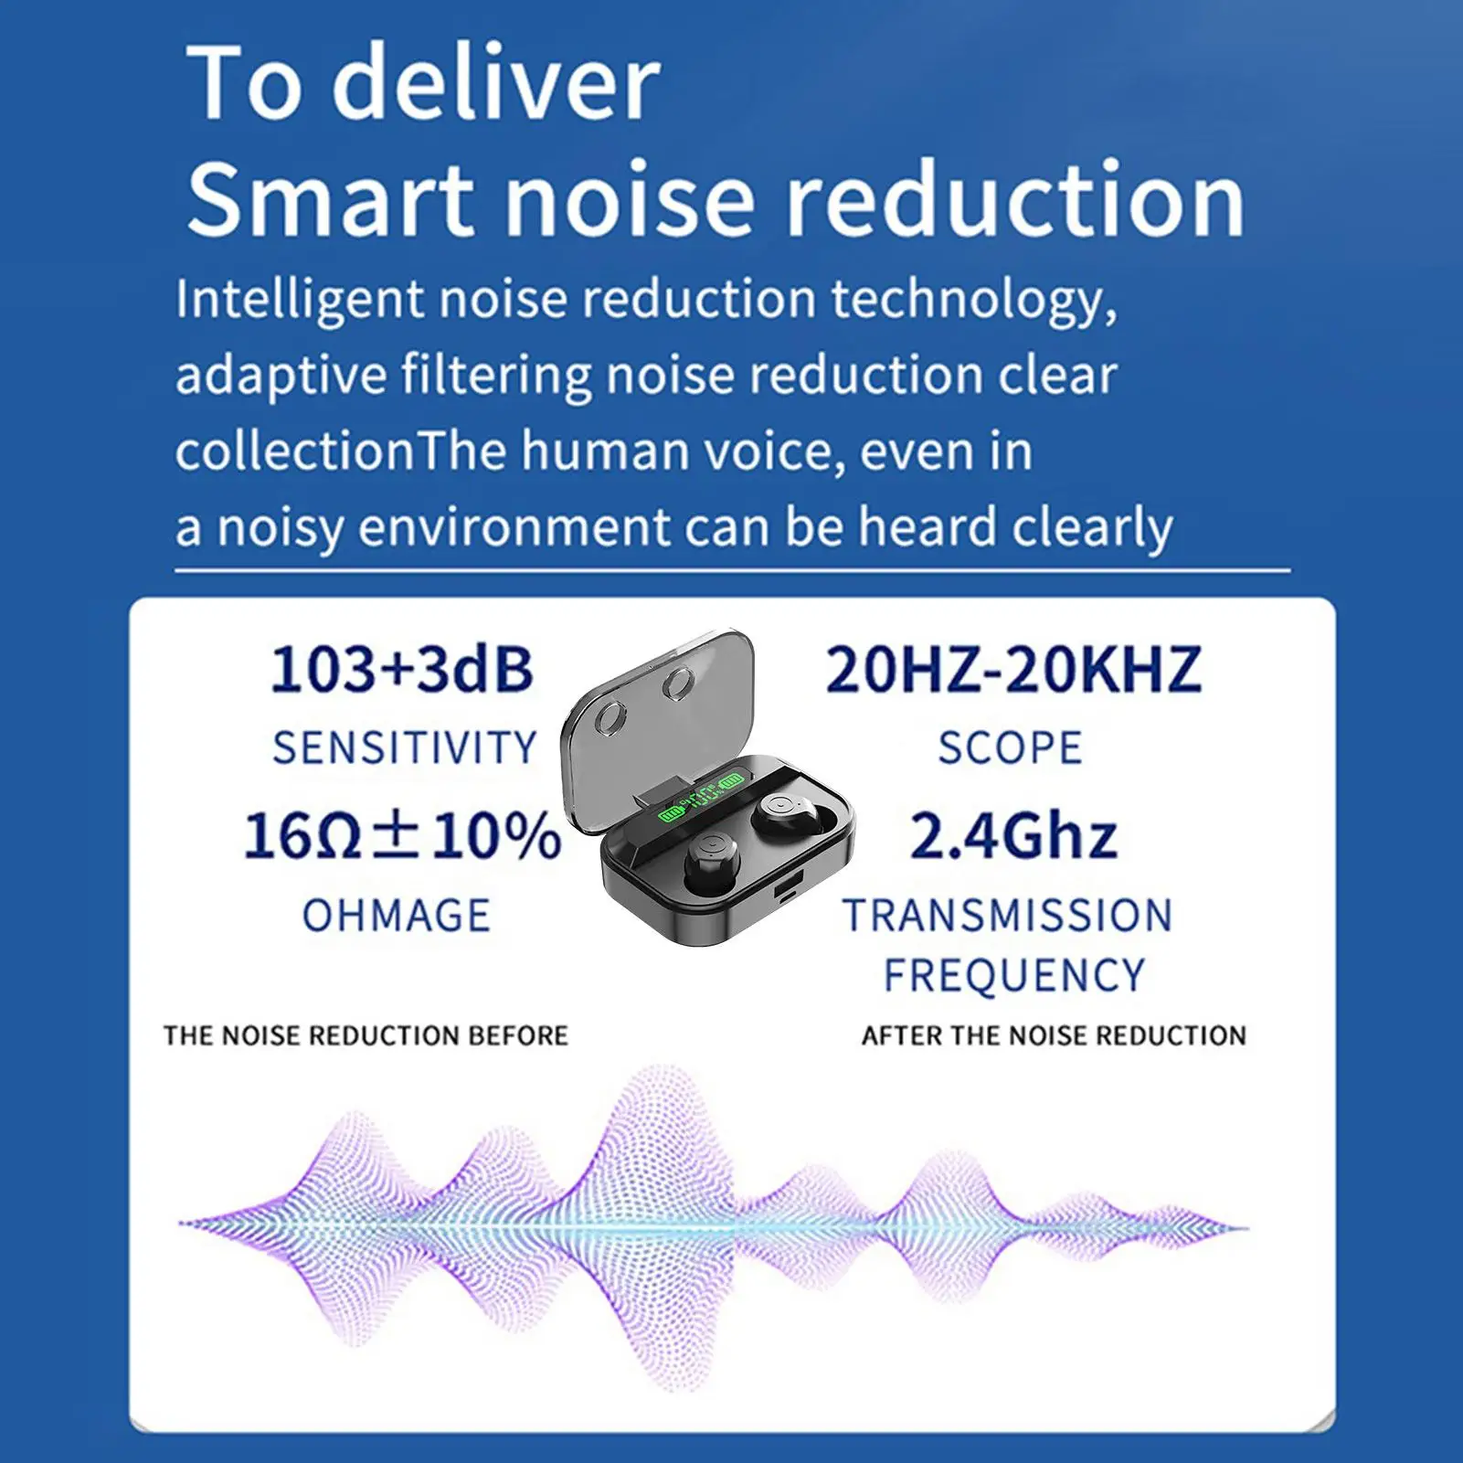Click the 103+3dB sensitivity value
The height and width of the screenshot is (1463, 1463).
[402, 669]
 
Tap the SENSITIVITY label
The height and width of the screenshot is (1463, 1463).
[405, 747]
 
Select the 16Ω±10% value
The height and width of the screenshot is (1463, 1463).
[402, 835]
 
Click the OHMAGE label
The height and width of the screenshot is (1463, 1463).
[397, 916]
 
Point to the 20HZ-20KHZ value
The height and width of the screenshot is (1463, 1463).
[1013, 669]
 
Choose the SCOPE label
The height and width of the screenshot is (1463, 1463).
[1011, 747]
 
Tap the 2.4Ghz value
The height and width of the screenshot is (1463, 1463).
[1013, 835]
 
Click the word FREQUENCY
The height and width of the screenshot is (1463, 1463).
[1014, 975]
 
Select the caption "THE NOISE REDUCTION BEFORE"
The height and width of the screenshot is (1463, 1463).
[366, 1035]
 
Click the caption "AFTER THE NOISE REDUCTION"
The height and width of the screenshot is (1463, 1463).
[1055, 1035]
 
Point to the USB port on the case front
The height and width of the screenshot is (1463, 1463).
[786, 893]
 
